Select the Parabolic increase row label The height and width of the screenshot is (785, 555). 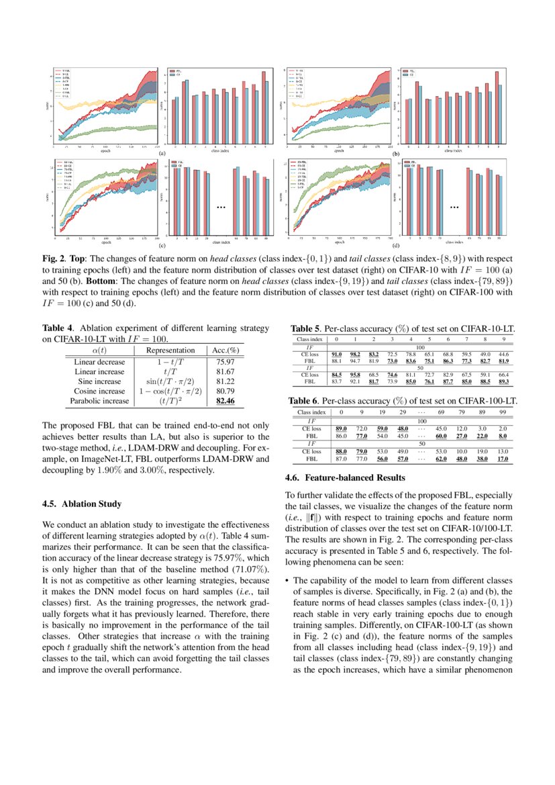tap(99, 401)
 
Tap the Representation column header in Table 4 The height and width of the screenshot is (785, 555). tap(170, 350)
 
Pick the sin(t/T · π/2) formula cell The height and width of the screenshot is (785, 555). tap(170, 381)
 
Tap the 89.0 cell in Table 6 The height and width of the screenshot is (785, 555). tap(341, 428)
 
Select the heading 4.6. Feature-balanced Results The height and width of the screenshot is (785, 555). tap(346, 477)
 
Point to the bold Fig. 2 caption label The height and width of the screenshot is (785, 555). tap(54, 257)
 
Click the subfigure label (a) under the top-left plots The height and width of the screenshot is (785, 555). tap(162, 153)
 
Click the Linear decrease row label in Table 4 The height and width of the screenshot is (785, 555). tap(99, 361)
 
